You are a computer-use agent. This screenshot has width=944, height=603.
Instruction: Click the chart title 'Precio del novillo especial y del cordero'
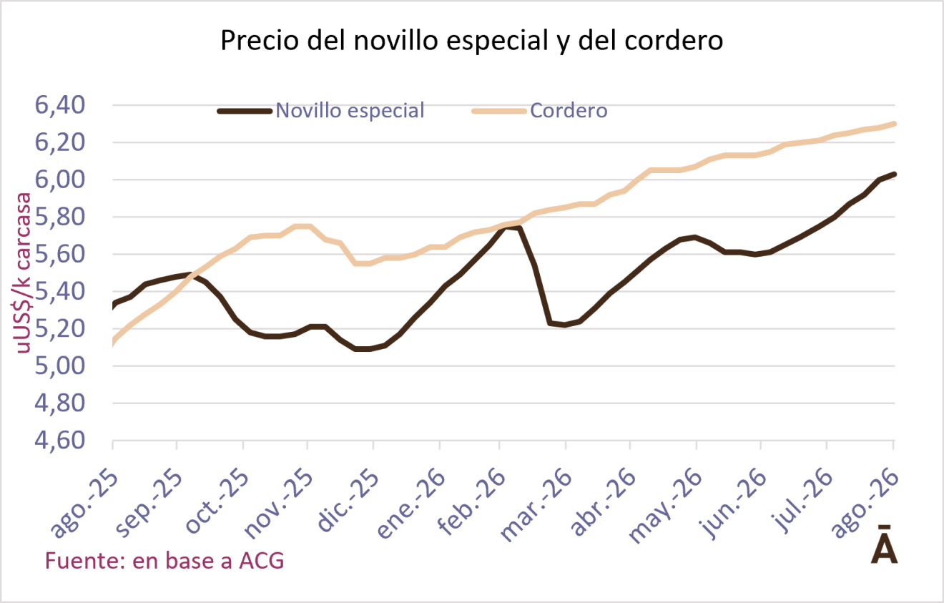(471, 41)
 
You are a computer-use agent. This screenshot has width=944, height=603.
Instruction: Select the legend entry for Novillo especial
(320, 111)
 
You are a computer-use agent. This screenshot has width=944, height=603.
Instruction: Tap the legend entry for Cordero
(540, 111)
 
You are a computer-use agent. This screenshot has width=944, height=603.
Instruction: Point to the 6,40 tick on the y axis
(59, 105)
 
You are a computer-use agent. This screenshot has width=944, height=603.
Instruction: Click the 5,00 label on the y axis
(59, 366)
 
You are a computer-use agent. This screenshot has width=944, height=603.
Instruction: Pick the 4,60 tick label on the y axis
(59, 441)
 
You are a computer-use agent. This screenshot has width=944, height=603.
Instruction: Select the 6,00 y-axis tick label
(59, 180)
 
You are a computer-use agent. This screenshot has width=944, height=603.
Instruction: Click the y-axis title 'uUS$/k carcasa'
(23, 273)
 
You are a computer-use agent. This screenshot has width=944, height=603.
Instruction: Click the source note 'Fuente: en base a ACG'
(164, 561)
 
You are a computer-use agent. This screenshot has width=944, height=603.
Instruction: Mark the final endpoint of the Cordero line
(893, 124)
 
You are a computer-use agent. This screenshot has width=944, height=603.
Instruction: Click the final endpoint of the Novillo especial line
(893, 174)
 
